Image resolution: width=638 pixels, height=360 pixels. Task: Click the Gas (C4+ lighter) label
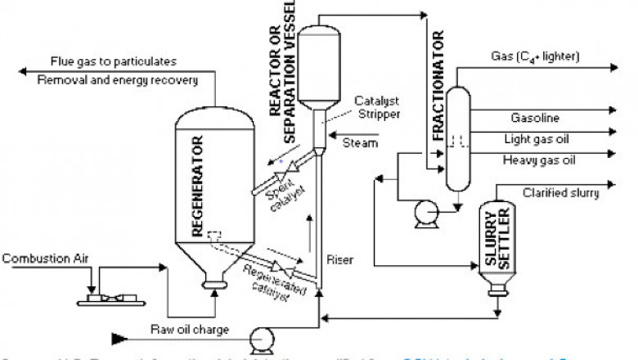tap(535, 57)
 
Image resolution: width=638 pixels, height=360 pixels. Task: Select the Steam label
tap(361, 144)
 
